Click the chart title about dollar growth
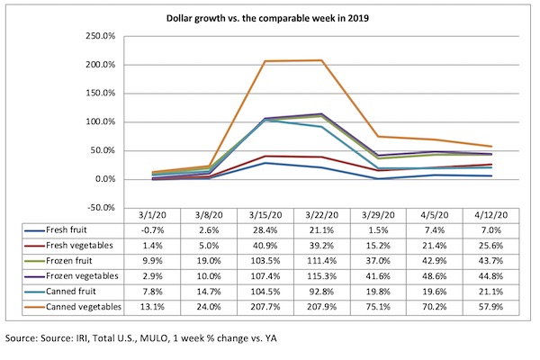pos(270,17)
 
